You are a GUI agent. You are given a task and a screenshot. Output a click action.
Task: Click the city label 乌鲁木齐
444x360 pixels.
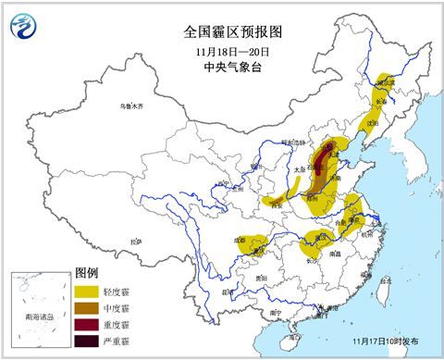[133, 107]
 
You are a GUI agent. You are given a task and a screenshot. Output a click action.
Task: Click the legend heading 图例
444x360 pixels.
[86, 274]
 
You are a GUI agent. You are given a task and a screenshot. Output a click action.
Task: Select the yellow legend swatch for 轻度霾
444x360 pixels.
[87, 291]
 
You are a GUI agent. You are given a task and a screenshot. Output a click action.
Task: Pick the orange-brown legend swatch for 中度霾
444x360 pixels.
[87, 308]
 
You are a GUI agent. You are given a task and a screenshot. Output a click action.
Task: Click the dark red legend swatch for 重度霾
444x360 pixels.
[87, 325]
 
